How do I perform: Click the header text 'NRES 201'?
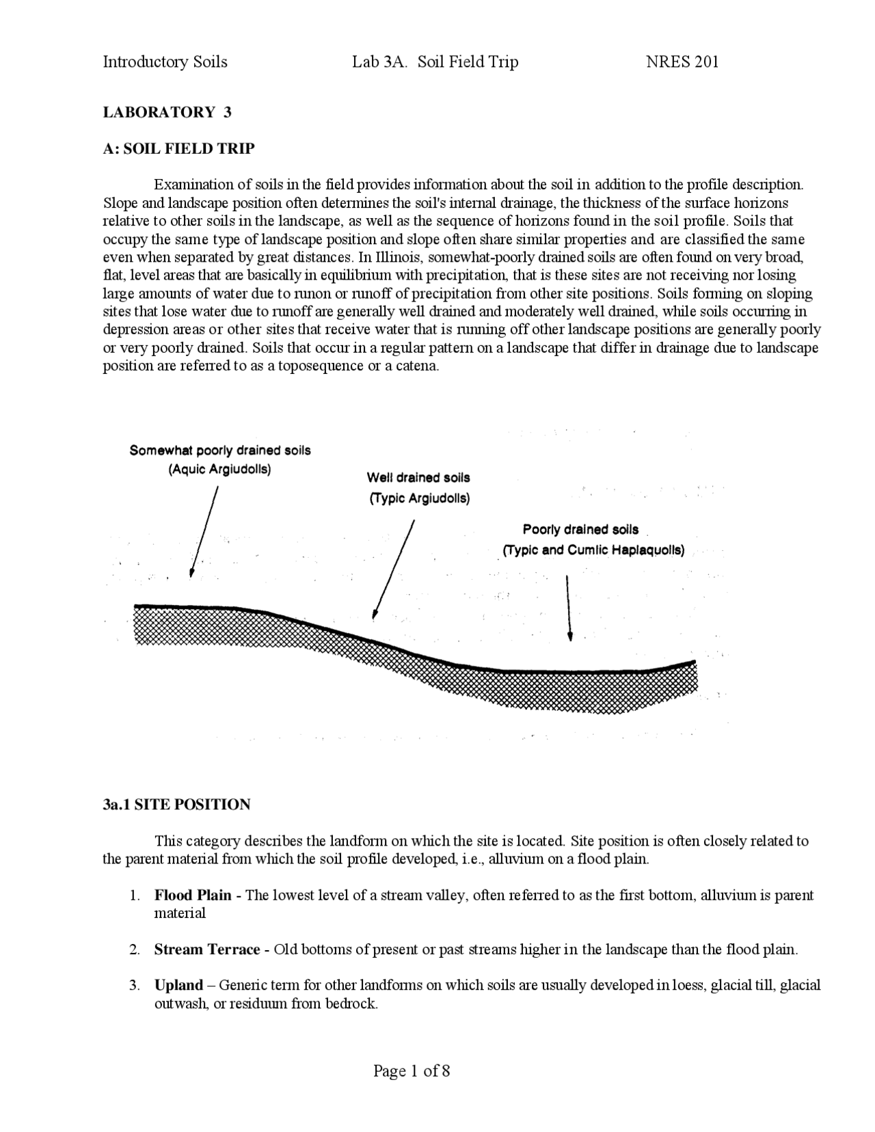[x=682, y=62]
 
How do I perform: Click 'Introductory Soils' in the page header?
[x=165, y=62]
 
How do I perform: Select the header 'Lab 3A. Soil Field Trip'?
[x=435, y=62]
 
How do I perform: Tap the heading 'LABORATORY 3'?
[x=167, y=112]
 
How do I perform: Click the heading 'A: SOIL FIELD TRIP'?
[x=178, y=148]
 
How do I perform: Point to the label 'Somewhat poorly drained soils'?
[x=220, y=450]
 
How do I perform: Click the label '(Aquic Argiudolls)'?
[x=219, y=470]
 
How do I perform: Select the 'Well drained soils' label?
[x=418, y=478]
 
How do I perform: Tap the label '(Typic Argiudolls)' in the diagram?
[x=419, y=498]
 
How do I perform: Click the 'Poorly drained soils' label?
[x=580, y=529]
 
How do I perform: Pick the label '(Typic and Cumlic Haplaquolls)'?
[x=593, y=550]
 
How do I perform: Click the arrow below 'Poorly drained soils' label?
[x=569, y=608]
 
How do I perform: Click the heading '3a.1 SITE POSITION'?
[x=176, y=805]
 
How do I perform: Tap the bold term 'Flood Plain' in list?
[x=192, y=895]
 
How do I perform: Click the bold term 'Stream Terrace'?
[x=206, y=949]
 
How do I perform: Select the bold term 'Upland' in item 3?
[x=178, y=985]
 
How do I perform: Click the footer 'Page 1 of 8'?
[x=412, y=1070]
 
